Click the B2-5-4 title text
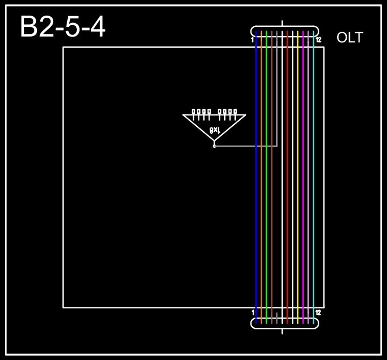pos(62,27)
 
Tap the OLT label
pos(349,38)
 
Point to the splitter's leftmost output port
pos(193,112)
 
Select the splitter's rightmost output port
pos(235,112)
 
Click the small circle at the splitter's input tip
pos(214,146)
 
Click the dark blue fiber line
pos(256,177)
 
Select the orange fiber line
pos(261,177)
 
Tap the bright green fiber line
pos(267,177)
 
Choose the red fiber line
pos(288,177)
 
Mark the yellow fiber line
pos(298,177)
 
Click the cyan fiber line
pos(313,177)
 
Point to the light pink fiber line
pos(308,177)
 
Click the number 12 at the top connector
pos(318,40)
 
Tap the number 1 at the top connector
pos(252,40)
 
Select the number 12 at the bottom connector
pos(318,312)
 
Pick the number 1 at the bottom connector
pos(253,312)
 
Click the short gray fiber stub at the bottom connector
pos(277,317)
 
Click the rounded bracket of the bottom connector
pos(285,328)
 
